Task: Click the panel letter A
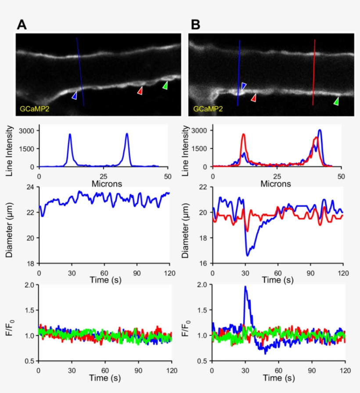(x=22, y=25)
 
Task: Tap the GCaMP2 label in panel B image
(x=207, y=108)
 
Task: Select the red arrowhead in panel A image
(x=140, y=90)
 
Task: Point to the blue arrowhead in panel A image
(x=75, y=95)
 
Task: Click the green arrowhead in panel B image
(x=336, y=101)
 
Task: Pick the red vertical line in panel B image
(x=313, y=72)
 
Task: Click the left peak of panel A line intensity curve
(x=70, y=135)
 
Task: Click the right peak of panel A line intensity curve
(x=127, y=134)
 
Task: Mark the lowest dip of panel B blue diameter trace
(x=248, y=255)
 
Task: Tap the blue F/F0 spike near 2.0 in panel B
(x=245, y=287)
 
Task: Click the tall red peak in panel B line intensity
(x=243, y=135)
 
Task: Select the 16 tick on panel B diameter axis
(x=205, y=263)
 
